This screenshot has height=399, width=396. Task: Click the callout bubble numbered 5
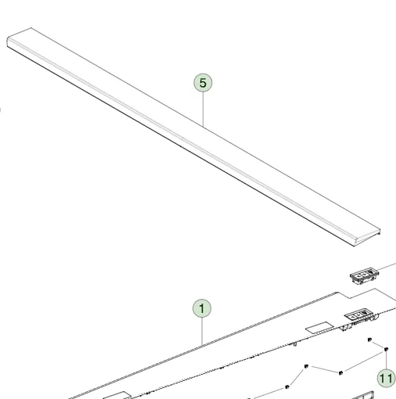pos(203,81)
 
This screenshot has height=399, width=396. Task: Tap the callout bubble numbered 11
pos(386,378)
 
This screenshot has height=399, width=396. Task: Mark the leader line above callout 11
pos(387,360)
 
